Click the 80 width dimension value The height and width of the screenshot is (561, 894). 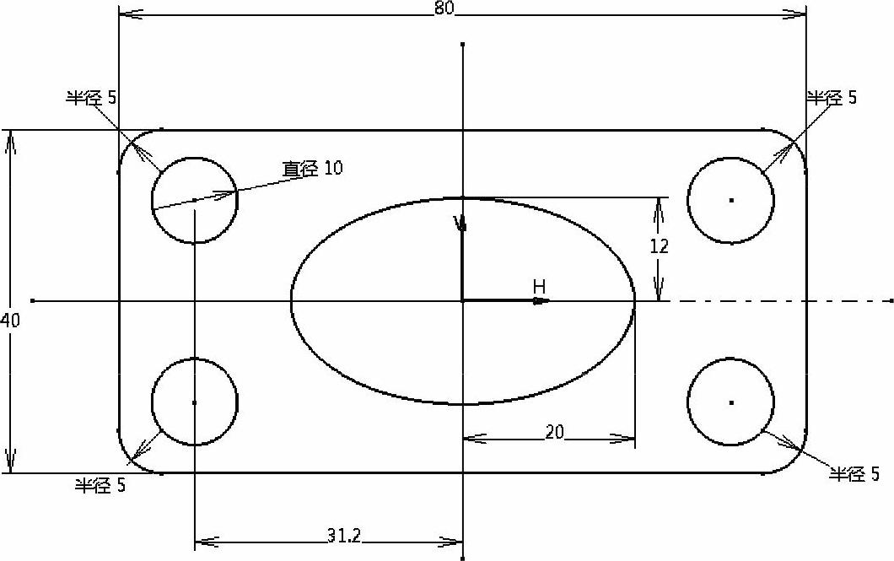tap(445, 8)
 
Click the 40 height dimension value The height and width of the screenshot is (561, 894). tap(10, 321)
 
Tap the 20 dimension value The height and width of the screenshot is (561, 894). tap(554, 432)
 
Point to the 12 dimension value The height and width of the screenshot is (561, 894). tap(659, 246)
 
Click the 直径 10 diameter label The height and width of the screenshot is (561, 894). tap(312, 168)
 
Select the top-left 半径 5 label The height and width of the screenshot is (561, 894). tap(91, 98)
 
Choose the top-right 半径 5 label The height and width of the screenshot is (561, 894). tap(832, 98)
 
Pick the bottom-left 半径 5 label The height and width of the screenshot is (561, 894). tap(100, 485)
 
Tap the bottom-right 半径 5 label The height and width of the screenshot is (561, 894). tap(854, 474)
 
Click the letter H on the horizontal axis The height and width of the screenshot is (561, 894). tap(539, 287)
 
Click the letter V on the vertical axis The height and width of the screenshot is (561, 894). tap(459, 223)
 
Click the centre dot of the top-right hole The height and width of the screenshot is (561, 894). tap(731, 200)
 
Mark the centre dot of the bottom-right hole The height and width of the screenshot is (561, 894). tap(731, 402)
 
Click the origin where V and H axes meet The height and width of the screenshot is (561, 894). tap(462, 300)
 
